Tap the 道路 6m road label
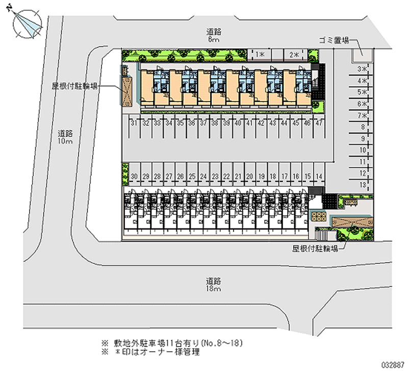coord(214,35)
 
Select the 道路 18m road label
coord(214,284)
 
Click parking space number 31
coord(134,123)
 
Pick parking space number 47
coord(319,123)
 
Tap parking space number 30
coord(134,177)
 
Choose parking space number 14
coord(319,177)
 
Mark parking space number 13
coord(363,184)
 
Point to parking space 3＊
coord(363,69)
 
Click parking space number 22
coord(226,177)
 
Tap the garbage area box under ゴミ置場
coord(362,52)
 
